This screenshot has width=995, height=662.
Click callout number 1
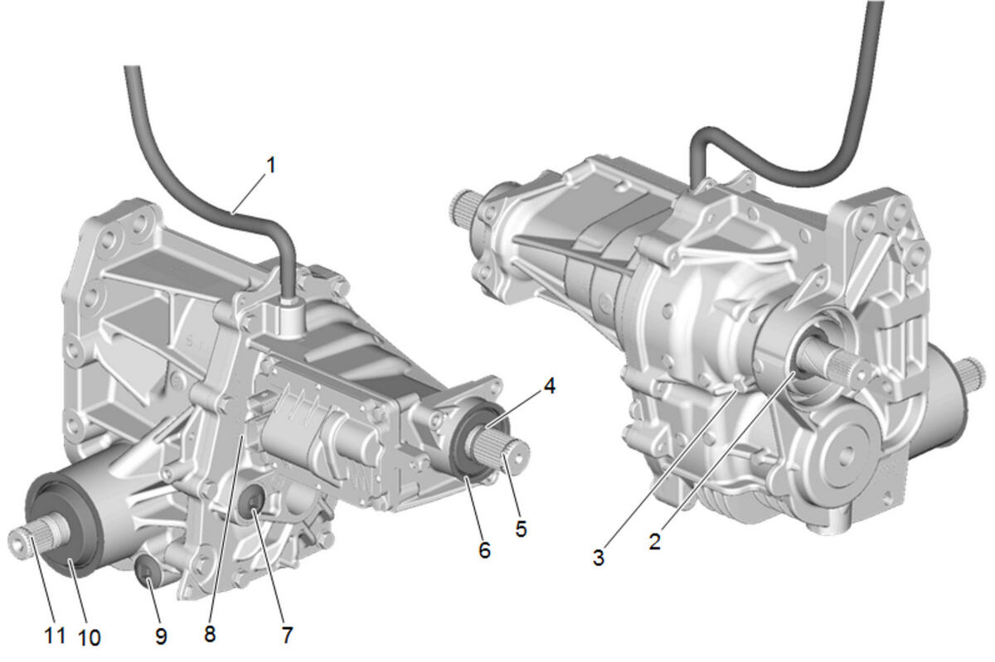(271, 165)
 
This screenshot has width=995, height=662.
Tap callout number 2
(655, 542)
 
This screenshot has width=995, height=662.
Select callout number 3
(599, 558)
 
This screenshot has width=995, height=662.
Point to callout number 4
(550, 386)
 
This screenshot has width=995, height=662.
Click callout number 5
(521, 529)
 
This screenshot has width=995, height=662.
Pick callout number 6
(484, 550)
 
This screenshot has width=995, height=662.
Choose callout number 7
(288, 635)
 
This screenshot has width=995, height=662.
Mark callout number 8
(210, 634)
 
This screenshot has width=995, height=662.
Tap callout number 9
(161, 635)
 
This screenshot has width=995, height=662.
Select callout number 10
(90, 638)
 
